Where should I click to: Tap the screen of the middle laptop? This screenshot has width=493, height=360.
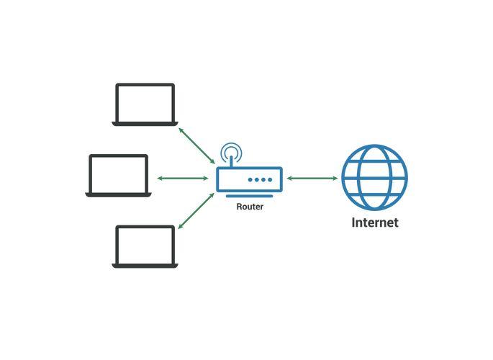[x=118, y=174]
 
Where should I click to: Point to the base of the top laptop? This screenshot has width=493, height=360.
[x=144, y=125]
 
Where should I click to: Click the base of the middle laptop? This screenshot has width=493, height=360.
[x=117, y=195]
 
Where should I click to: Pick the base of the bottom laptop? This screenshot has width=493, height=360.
[x=144, y=266]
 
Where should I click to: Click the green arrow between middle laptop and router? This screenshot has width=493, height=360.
[x=182, y=178]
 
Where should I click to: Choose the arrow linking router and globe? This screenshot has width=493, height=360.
[x=312, y=178]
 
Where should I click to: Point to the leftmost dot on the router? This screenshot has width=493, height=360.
[x=250, y=179]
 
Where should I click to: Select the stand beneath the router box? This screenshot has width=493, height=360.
[x=249, y=197]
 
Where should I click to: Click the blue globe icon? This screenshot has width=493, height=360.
[x=374, y=177]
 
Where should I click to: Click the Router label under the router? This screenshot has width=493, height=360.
[x=250, y=207]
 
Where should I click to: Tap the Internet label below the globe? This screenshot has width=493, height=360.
[x=374, y=223]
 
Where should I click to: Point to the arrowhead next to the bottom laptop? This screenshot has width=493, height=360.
[x=181, y=227]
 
